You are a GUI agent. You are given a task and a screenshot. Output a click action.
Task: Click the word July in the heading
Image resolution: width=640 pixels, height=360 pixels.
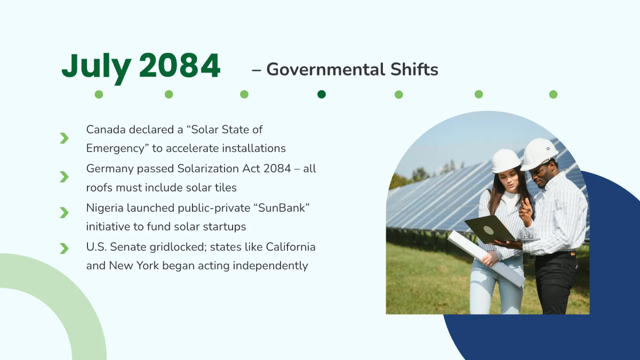coord(97,67)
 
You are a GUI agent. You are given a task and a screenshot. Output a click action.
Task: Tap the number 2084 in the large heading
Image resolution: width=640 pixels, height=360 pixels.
coord(180,66)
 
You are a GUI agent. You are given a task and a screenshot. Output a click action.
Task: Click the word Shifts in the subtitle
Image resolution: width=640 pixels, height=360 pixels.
coord(414,69)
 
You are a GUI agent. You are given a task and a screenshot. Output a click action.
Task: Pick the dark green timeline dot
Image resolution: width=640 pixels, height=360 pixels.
coord(322,94)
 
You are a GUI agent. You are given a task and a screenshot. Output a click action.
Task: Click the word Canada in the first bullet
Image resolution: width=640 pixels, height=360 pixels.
coord(106,130)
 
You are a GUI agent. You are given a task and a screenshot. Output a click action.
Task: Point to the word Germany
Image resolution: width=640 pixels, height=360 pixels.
coord(110,170)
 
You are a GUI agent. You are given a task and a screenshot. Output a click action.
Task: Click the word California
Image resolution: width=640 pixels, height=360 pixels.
coord(291,247)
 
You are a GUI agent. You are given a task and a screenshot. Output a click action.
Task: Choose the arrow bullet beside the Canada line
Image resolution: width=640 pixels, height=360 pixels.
coord(65,138)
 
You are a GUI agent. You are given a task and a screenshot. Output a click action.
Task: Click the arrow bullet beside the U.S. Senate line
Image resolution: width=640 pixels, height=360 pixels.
coord(65,249)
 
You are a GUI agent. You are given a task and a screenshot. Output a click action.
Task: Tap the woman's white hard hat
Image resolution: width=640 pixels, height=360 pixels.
coord(506,161)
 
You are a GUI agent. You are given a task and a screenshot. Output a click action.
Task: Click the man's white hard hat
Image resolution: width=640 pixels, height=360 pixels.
coord(539,154)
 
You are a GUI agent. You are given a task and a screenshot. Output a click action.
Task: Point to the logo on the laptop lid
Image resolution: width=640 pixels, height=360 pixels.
coord(489,230)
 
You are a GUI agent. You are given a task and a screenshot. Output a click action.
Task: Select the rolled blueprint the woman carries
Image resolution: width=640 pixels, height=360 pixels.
coord(486,258)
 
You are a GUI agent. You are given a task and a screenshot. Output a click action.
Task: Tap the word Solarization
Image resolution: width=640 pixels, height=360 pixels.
coord(208,169)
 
